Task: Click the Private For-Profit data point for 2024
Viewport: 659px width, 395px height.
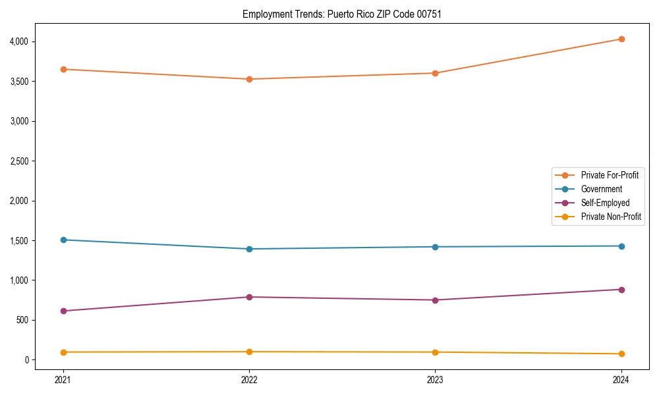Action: tap(621, 39)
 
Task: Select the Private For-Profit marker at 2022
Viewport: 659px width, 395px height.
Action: tap(249, 79)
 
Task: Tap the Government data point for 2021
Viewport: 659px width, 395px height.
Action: tap(63, 240)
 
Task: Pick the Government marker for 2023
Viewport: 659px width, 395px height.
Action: tap(435, 247)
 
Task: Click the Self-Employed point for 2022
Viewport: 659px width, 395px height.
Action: tap(249, 297)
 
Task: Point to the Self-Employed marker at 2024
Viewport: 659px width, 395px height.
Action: tap(621, 290)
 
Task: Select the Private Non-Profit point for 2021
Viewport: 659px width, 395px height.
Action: tap(63, 352)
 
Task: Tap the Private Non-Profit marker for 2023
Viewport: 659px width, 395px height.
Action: tap(435, 352)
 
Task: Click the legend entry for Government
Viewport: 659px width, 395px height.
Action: tap(601, 189)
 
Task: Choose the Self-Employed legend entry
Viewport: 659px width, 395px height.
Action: tap(605, 203)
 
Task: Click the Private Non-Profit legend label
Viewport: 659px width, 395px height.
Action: tap(611, 217)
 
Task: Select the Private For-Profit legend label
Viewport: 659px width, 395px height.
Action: tap(610, 175)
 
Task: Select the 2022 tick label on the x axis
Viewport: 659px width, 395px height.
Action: tap(249, 379)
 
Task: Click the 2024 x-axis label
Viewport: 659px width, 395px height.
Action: tap(621, 379)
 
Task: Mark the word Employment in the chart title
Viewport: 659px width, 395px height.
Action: tap(264, 14)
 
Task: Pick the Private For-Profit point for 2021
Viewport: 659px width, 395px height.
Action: tap(63, 69)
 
